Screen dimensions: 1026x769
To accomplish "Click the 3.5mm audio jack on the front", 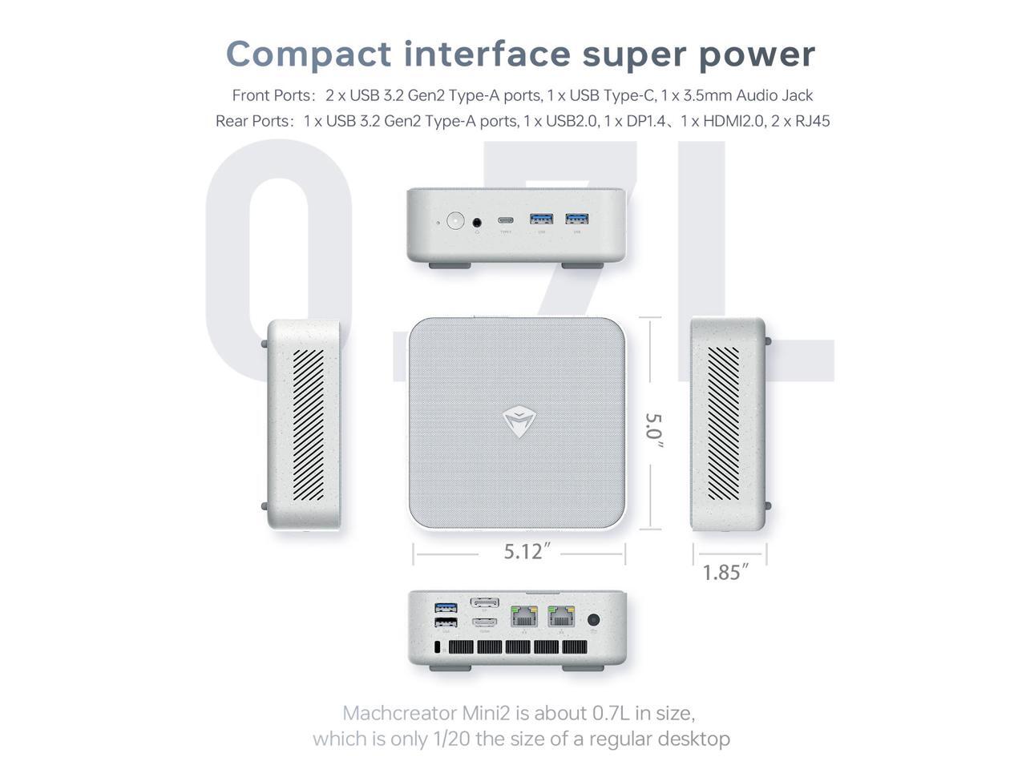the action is (x=478, y=222).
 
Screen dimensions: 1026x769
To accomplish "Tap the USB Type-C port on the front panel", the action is (x=505, y=219).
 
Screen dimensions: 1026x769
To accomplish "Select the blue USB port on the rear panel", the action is (x=446, y=607).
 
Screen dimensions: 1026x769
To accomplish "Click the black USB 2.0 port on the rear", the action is (x=446, y=622).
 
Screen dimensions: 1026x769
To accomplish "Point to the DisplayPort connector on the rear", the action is (x=484, y=602).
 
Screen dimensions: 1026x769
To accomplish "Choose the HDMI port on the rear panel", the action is (x=484, y=622).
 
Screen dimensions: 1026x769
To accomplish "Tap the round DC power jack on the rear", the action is (x=594, y=619).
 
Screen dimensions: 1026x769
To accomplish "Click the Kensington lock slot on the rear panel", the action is (x=437, y=647).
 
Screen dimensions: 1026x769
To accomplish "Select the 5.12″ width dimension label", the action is (x=527, y=552).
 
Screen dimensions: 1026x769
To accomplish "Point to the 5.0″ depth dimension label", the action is (x=654, y=430).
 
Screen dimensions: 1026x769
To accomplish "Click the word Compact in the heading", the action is (x=309, y=54).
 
